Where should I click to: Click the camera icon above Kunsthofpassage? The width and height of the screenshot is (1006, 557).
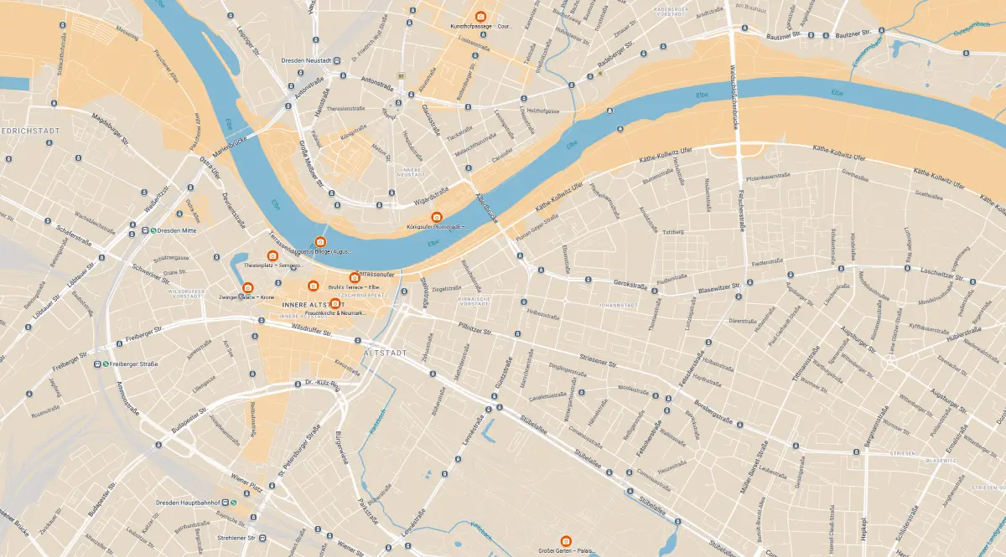tap(480, 17)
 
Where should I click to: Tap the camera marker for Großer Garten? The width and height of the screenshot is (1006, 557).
tap(566, 540)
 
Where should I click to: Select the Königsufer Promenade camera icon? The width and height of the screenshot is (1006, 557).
tap(437, 217)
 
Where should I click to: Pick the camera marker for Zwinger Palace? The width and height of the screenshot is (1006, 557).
tap(247, 288)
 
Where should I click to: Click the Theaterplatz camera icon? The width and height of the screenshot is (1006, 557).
tap(272, 255)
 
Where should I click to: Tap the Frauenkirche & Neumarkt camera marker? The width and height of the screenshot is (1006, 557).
tap(334, 303)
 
